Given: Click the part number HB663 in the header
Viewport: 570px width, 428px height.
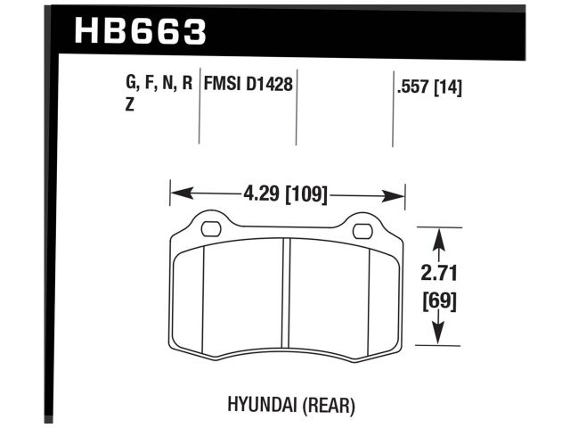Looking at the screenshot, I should (x=141, y=31).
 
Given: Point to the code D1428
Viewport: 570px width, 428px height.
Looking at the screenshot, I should (x=271, y=86).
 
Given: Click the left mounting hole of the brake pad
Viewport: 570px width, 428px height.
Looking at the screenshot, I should (x=211, y=230).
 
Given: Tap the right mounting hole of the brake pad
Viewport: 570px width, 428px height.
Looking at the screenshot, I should (x=362, y=232).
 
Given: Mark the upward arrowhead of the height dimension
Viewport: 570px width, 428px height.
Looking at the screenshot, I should (x=437, y=236).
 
